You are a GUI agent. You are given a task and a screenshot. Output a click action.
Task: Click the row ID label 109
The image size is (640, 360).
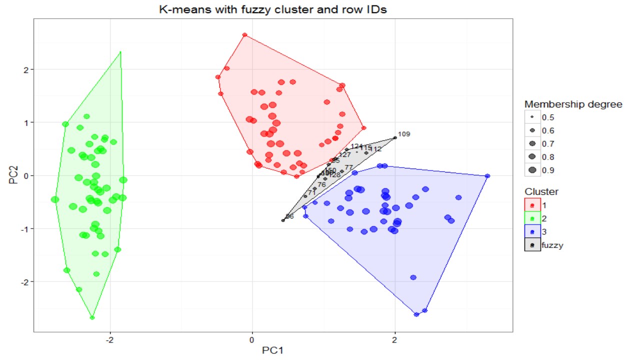click(x=404, y=134)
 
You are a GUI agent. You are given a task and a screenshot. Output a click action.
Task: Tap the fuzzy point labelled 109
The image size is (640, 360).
click(x=395, y=137)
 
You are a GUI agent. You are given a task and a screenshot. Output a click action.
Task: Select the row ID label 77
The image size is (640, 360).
click(x=349, y=167)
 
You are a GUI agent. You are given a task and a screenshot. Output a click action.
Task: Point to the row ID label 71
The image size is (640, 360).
click(x=312, y=192)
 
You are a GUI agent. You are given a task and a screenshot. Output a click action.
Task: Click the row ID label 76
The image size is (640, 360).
click(x=321, y=184)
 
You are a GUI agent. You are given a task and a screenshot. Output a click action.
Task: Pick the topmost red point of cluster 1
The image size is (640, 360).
click(x=244, y=35)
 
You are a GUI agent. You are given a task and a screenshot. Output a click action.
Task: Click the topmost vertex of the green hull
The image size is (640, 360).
click(x=120, y=51)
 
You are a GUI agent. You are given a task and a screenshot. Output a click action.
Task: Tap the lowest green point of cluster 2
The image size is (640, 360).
click(x=92, y=317)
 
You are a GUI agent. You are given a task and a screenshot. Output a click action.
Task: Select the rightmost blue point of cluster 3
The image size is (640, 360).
click(x=487, y=176)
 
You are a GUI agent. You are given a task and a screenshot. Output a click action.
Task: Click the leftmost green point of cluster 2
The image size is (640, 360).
click(x=55, y=199)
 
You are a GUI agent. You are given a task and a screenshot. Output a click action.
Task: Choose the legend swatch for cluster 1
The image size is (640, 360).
click(x=532, y=205)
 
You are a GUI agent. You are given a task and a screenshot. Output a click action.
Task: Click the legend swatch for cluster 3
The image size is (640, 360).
click(x=532, y=231)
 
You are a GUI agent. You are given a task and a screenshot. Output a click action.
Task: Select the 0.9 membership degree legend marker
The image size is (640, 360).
click(x=532, y=170)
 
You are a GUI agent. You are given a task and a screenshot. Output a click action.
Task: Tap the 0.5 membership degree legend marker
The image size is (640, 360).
click(x=532, y=117)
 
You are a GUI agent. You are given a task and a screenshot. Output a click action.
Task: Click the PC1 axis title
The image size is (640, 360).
click(x=273, y=349)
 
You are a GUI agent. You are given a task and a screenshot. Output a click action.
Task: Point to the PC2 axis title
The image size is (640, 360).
click(x=13, y=175)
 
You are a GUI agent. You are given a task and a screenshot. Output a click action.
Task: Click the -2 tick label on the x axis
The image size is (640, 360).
click(x=109, y=340)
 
